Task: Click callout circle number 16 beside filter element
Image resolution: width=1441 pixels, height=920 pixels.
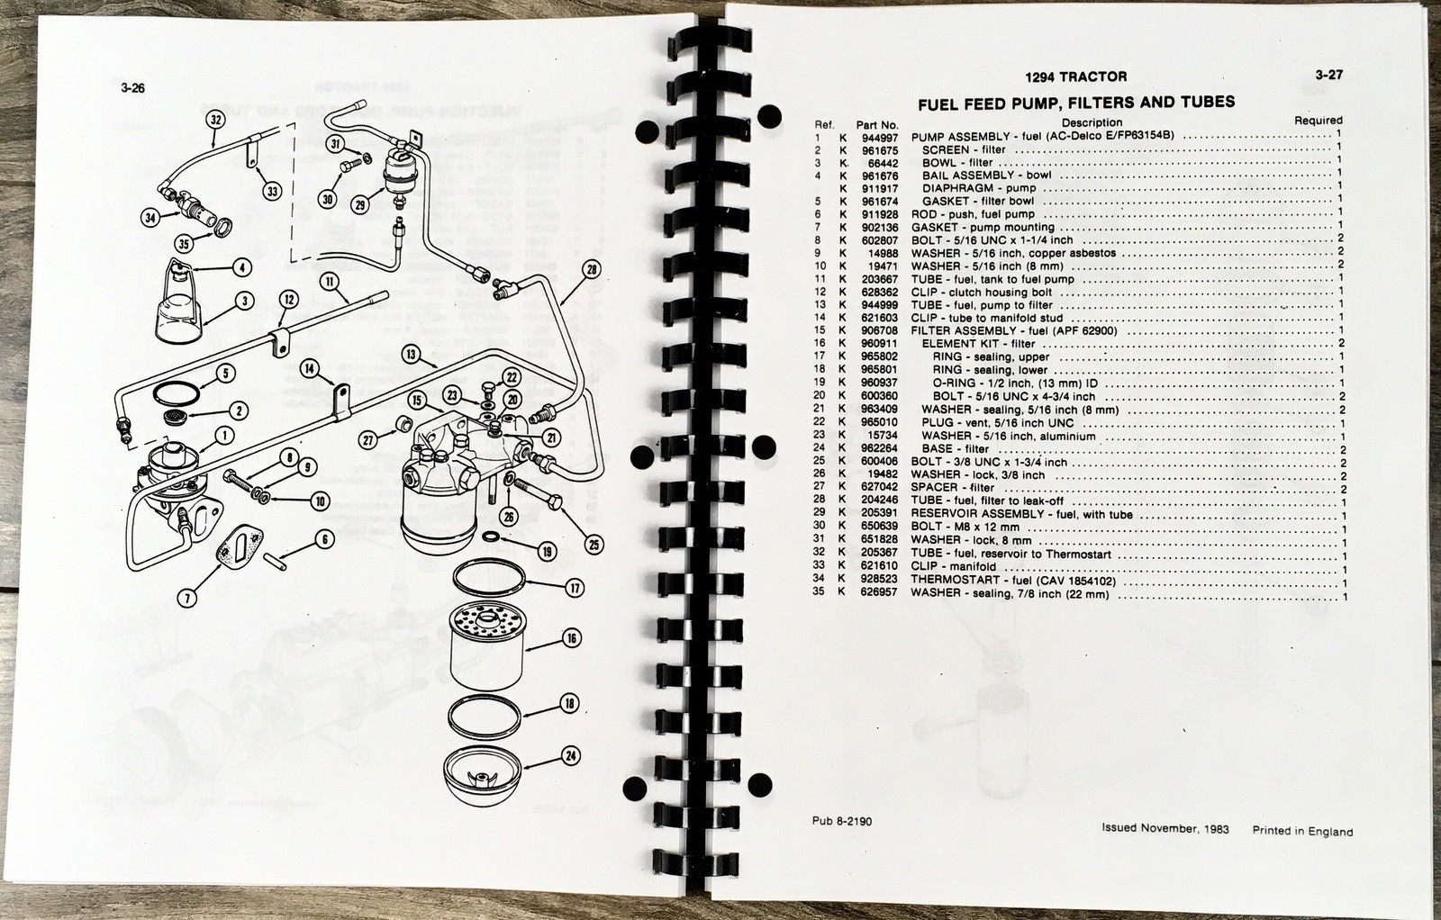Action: point(572,639)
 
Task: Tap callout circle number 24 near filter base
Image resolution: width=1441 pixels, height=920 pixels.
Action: point(570,755)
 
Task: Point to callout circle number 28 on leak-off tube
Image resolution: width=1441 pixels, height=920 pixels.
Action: point(592,269)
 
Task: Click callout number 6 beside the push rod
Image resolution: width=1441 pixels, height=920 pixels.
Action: point(324,539)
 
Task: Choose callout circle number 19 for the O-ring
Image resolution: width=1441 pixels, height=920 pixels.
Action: point(547,551)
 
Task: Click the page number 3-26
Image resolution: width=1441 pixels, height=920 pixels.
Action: point(131,88)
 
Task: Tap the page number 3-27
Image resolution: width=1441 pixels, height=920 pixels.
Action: point(1328,75)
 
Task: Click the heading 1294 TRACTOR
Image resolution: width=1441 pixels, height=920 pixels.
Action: point(1075,77)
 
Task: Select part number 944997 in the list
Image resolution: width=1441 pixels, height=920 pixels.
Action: point(876,136)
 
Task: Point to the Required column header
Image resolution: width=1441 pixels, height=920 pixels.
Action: point(1318,120)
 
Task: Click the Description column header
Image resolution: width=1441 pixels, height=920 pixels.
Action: point(1091,122)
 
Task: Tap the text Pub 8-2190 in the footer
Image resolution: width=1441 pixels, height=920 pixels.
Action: point(841,821)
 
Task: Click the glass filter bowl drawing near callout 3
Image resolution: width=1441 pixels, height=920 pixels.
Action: point(183,311)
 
